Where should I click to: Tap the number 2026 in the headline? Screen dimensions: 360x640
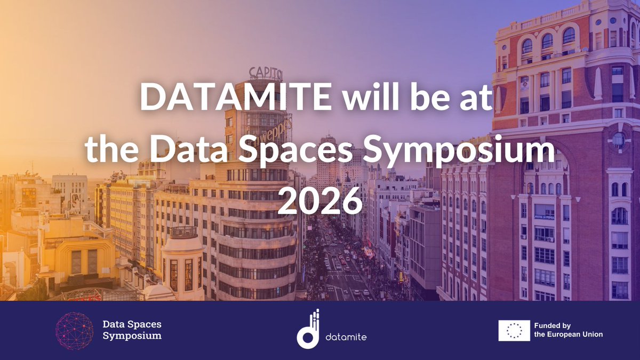pos(320,201)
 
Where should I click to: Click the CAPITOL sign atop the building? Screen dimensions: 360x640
pos(265,73)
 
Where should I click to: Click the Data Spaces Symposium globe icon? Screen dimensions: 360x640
pos(75,331)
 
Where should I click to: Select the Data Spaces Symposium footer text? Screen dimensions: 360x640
pos(132,330)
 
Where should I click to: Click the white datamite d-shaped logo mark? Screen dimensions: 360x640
pos(309,331)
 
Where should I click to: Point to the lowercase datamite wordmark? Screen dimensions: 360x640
pos(346,337)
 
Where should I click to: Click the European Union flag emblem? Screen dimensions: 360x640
pos(514,331)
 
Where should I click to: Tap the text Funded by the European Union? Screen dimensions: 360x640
pos(569,330)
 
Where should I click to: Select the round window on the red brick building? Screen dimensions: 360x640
pos(618,140)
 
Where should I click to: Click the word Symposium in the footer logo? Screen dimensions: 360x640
pos(132,336)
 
